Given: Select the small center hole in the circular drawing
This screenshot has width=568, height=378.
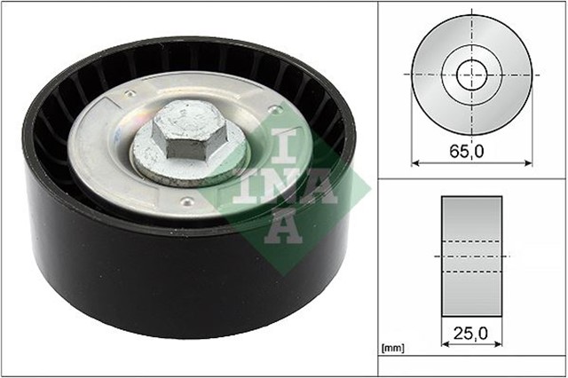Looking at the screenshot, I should coord(470,75).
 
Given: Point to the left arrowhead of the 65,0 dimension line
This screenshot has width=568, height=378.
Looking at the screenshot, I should coord(414,162).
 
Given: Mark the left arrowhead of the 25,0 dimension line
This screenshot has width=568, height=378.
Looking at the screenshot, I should coord(444,347).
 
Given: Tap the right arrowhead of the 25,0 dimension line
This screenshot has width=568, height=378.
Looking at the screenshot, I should coord(499,347).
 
